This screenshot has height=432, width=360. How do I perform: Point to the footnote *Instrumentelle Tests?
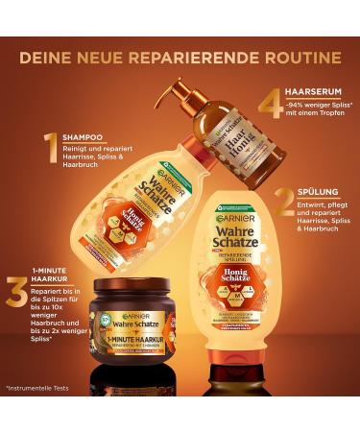[x=40, y=389]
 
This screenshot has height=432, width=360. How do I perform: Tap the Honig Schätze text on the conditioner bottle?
[x=235, y=274]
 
